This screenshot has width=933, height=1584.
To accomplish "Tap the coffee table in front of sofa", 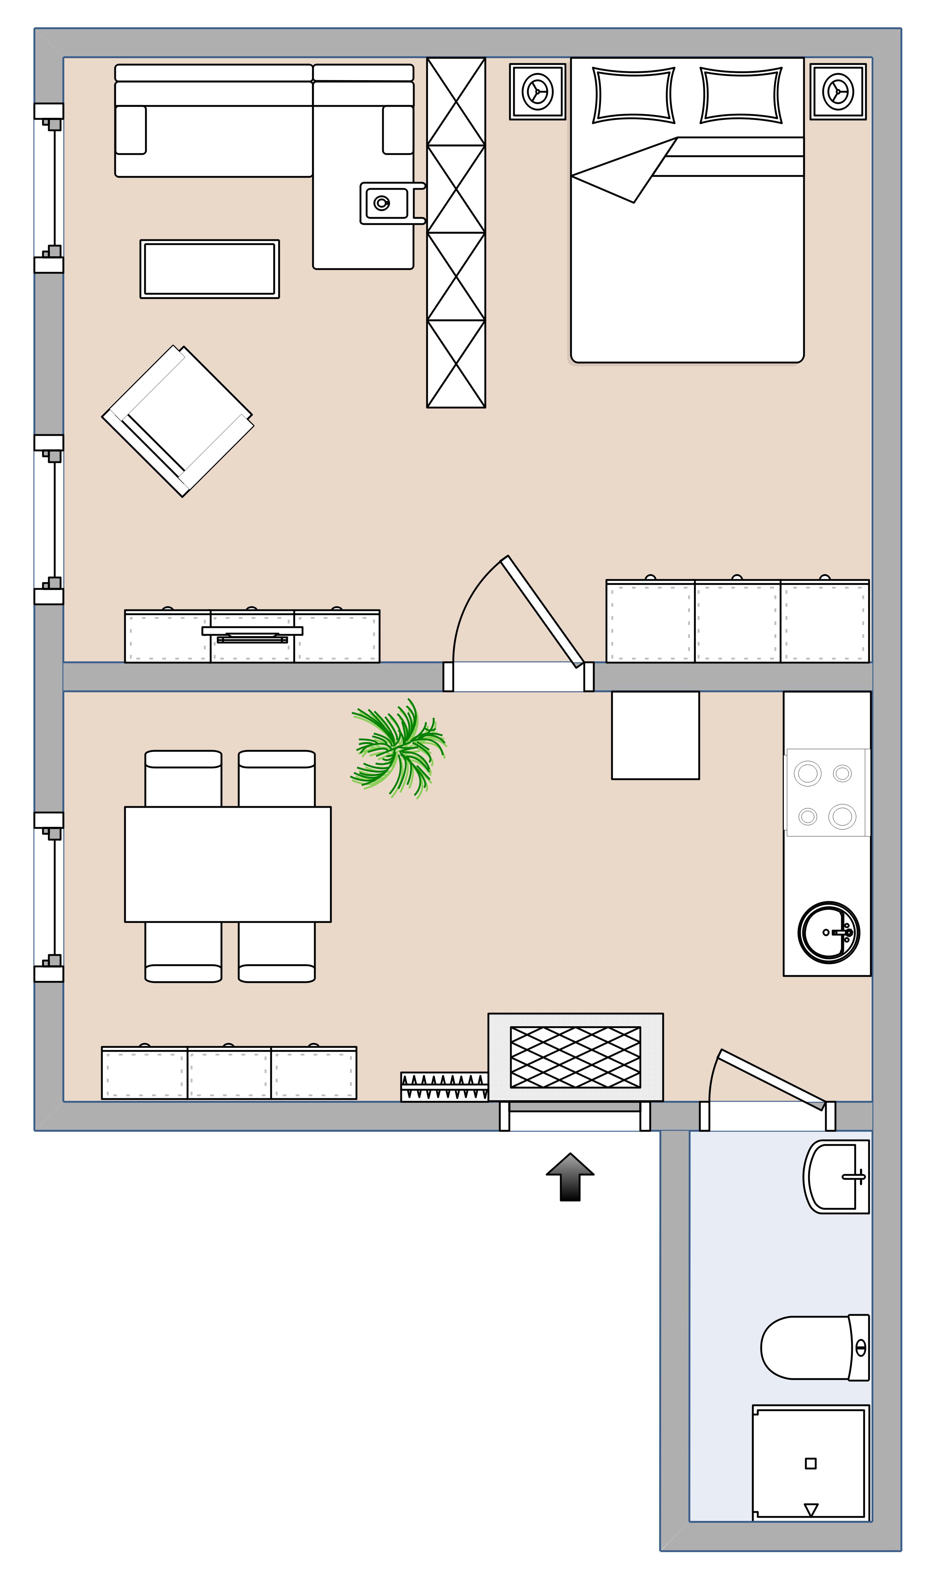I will pyautogui.click(x=209, y=269).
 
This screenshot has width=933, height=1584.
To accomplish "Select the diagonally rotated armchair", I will pyautogui.click(x=178, y=420).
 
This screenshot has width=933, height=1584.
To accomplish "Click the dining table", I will pyautogui.click(x=227, y=864).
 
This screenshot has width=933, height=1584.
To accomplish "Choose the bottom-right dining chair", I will pyautogui.click(x=276, y=951).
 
